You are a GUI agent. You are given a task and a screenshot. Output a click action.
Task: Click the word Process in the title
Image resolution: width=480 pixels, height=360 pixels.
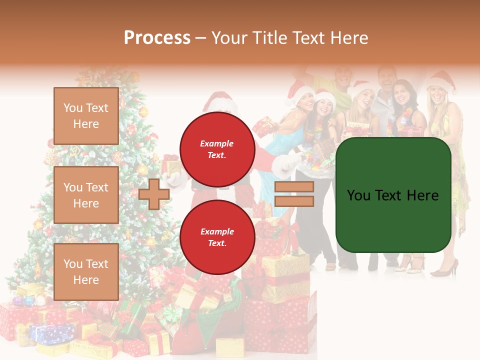tap(157, 38)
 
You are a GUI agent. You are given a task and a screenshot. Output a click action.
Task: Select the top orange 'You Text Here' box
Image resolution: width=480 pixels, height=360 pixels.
tap(86, 116)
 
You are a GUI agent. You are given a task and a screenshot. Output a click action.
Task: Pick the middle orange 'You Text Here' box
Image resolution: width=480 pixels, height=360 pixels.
tap(86, 195)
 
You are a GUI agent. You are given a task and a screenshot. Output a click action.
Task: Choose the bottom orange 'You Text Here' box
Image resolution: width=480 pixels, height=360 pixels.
tap(86, 271)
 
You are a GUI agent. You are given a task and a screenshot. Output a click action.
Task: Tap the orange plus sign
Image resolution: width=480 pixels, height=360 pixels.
tap(154, 194)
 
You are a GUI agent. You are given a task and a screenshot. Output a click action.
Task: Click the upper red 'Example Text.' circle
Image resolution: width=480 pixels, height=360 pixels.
tap(217, 149)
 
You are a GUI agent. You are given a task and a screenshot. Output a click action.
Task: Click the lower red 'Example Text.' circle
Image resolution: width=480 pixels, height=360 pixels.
tap(217, 237)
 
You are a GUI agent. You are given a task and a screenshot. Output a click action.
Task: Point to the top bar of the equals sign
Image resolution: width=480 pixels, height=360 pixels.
tap(294, 187)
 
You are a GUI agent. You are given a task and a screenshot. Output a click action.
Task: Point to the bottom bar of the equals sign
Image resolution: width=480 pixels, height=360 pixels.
tap(294, 201)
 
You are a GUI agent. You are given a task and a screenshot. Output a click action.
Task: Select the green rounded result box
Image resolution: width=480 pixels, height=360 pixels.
tap(393, 195)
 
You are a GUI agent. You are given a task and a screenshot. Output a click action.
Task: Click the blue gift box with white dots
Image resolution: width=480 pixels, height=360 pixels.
tap(51, 333)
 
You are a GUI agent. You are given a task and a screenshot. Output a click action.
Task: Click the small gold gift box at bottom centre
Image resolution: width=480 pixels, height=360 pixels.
tap(229, 347)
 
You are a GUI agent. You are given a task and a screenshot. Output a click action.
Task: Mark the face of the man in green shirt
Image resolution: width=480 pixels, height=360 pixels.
tap(344, 76)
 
